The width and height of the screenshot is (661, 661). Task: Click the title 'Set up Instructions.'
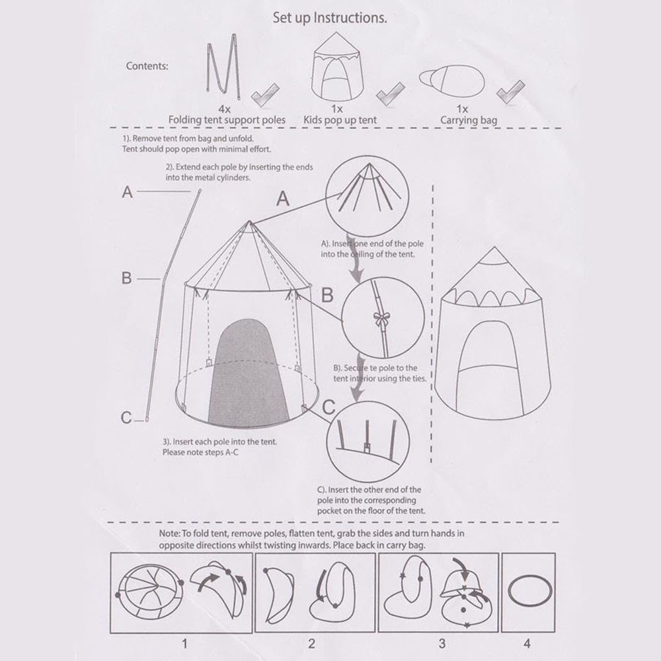(330, 18)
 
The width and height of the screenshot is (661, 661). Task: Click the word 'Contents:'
(147, 66)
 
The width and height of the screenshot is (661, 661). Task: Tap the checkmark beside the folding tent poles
(265, 95)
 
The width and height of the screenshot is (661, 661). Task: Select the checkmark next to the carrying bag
(510, 91)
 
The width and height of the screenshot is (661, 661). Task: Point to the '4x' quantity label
(224, 109)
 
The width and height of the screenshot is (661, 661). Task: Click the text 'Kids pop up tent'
(340, 120)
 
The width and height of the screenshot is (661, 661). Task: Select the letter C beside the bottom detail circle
(329, 407)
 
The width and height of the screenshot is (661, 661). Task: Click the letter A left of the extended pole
(128, 192)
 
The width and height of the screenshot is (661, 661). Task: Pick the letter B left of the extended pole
(126, 278)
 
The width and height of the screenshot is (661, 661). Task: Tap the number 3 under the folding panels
(442, 644)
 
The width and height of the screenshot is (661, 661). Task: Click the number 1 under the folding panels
(184, 644)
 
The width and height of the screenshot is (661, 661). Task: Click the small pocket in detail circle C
(368, 447)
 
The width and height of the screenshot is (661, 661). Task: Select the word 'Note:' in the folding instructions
(169, 533)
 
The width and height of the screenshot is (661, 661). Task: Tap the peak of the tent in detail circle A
(369, 163)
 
